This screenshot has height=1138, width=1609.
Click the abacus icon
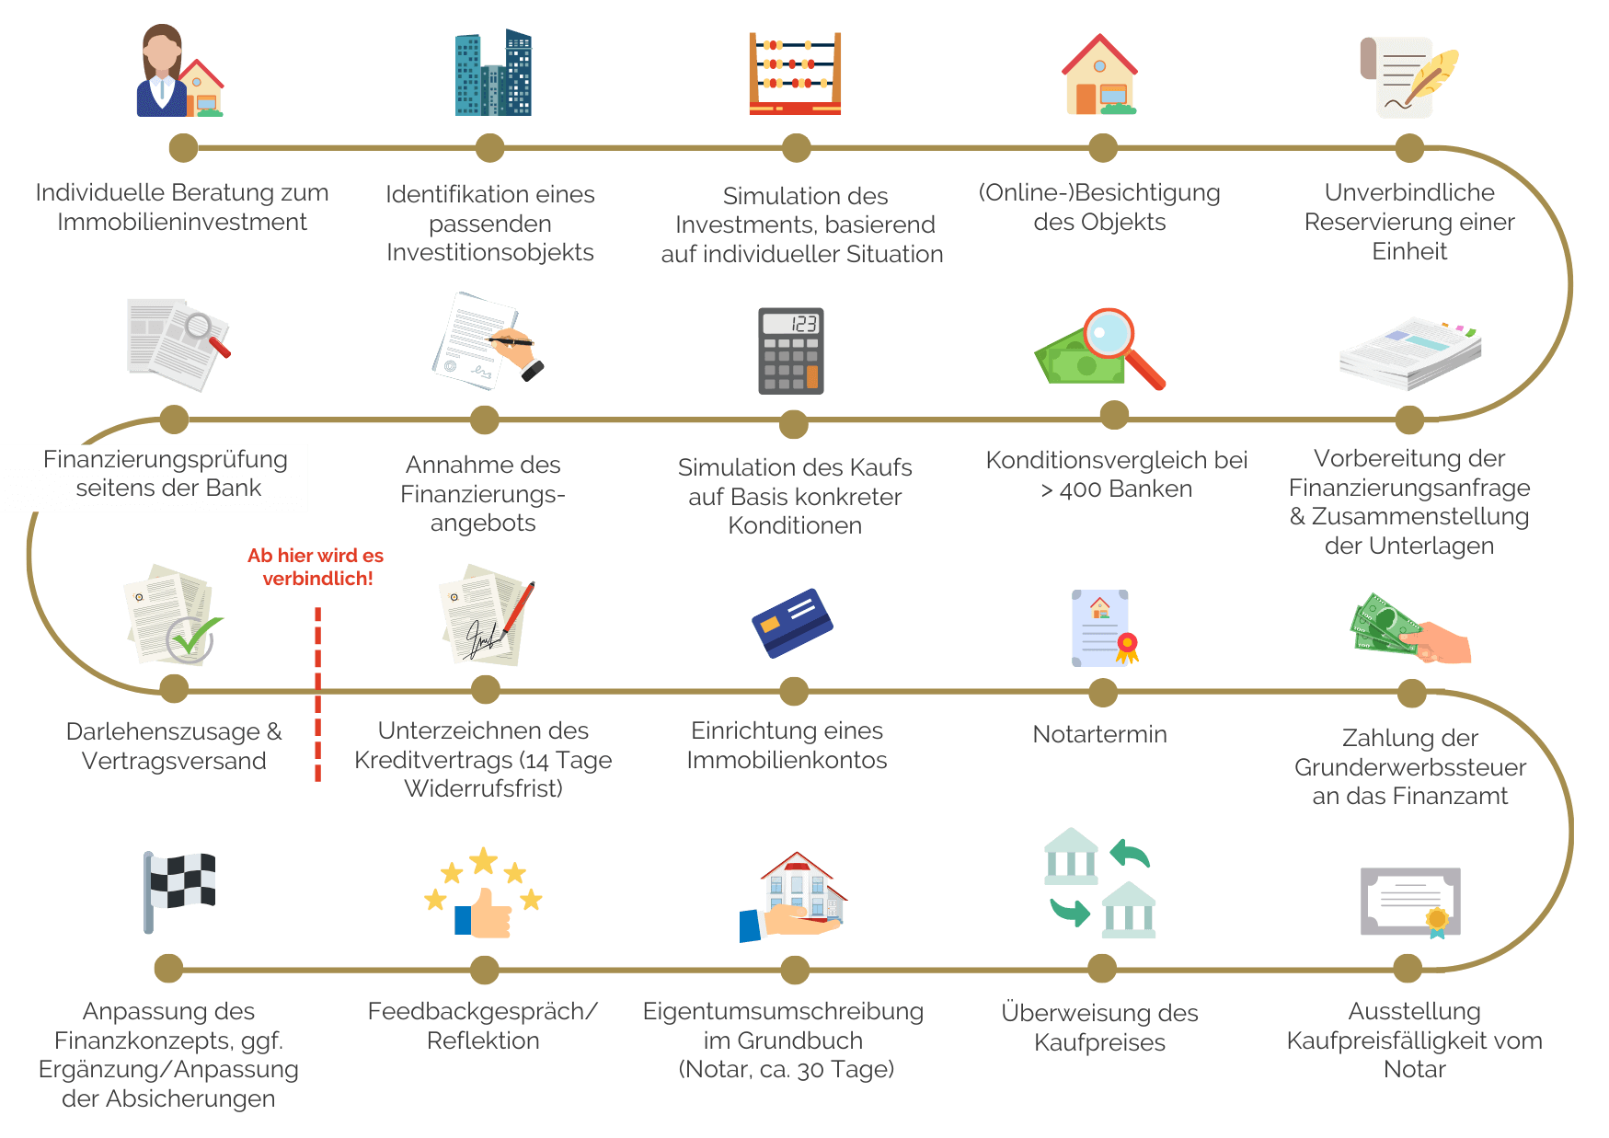click(795, 74)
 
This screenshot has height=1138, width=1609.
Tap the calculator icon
click(790, 351)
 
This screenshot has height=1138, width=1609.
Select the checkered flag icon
click(179, 891)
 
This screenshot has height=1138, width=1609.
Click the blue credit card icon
click(792, 623)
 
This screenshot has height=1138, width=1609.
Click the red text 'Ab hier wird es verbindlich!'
click(316, 567)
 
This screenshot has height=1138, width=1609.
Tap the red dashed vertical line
click(317, 695)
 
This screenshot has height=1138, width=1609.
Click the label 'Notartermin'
click(1099, 734)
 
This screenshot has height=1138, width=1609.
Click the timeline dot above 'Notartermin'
click(1102, 693)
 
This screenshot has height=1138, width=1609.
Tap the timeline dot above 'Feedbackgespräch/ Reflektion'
click(484, 969)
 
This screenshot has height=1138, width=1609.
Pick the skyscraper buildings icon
click(493, 74)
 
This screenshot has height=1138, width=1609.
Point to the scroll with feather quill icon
click(1408, 77)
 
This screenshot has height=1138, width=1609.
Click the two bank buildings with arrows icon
click(1100, 883)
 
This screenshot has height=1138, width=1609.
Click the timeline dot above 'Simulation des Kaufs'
click(793, 424)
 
